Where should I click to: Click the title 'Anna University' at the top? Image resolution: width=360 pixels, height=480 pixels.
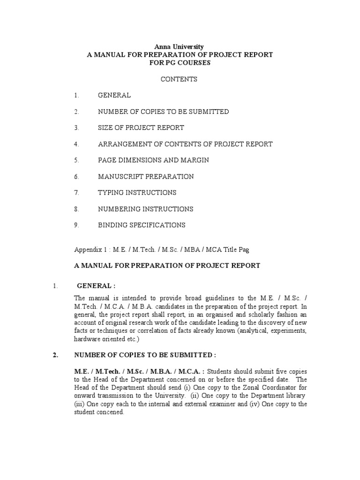point(180,46)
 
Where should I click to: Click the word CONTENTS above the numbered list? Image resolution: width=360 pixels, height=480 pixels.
point(179,79)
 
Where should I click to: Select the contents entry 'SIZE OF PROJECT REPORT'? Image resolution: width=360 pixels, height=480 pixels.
point(141,127)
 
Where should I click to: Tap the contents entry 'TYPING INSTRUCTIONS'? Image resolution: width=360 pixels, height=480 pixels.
point(137,193)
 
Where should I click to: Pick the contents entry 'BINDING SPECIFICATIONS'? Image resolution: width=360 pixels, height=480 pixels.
point(142,225)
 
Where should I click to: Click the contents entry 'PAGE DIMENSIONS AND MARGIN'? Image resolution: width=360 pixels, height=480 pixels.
point(153,160)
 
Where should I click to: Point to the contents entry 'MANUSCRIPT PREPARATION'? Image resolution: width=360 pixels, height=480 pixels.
point(146,177)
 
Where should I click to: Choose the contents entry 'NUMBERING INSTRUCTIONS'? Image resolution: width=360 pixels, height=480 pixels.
point(145,209)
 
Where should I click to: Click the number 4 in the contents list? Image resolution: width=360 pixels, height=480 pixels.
point(75,144)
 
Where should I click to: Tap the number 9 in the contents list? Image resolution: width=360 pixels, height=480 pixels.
point(75,225)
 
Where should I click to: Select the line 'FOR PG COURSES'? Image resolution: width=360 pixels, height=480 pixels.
point(180,63)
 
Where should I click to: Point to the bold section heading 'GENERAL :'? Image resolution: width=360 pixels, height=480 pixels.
point(96,285)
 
